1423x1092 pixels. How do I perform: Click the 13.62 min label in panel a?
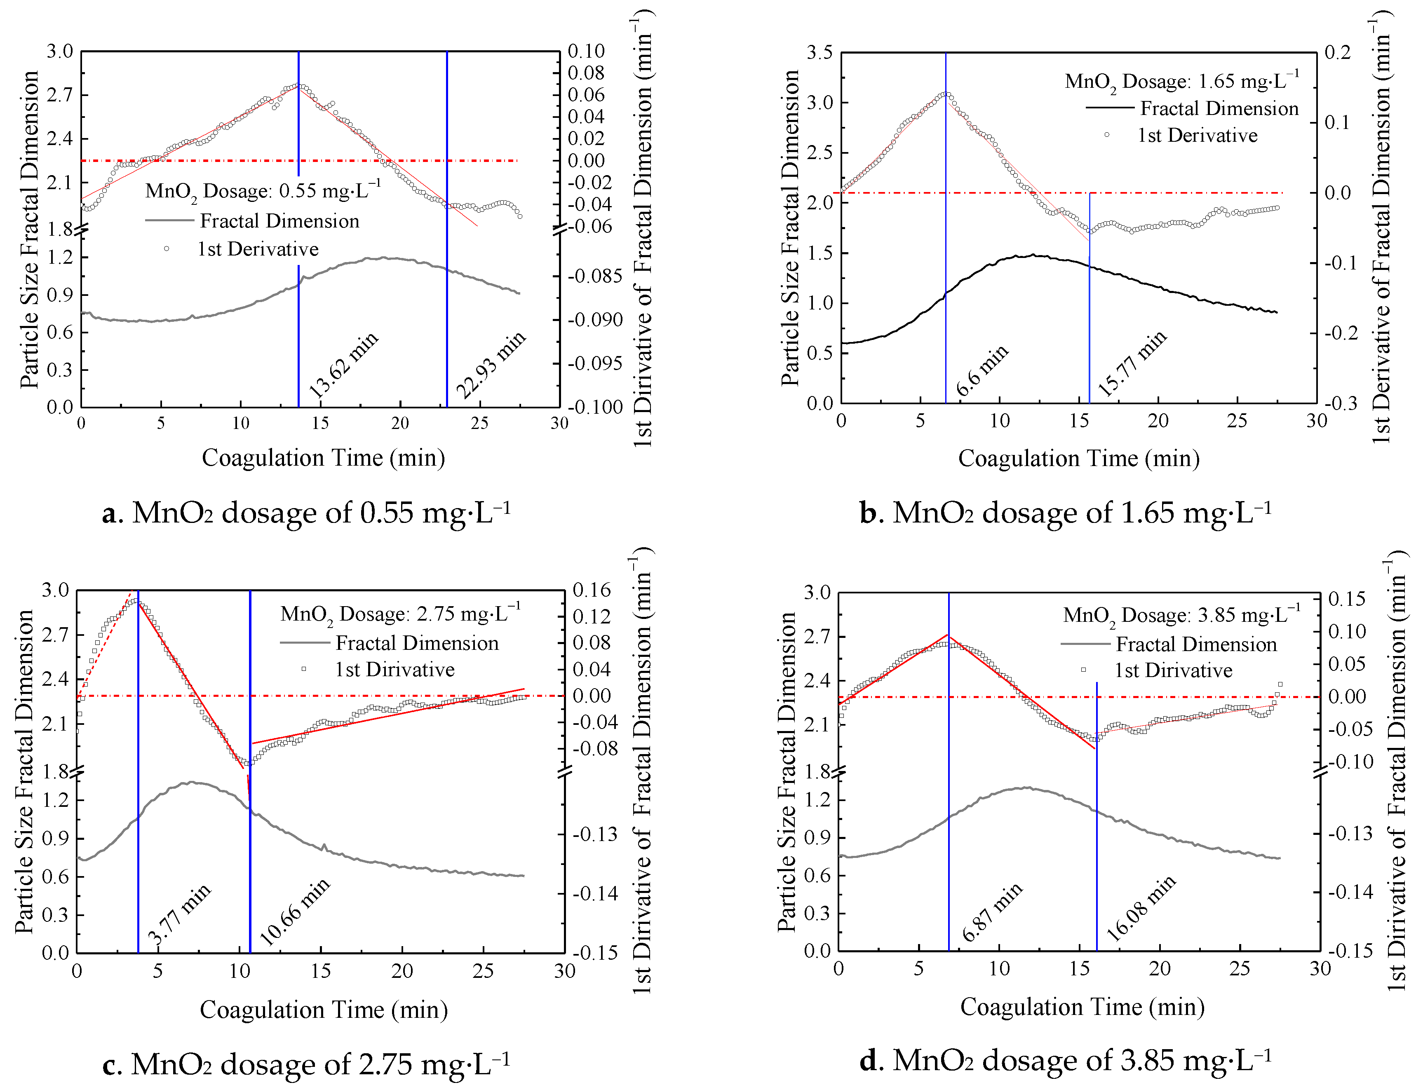343,365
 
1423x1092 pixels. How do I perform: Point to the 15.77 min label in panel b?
1132,364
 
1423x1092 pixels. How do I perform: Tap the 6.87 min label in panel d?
992,912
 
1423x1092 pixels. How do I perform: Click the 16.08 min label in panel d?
1141,908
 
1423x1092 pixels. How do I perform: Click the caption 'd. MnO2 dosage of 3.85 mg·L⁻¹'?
1065,1060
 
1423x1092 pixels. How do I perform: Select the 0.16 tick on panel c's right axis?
592,590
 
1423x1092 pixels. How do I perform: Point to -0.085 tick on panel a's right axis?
595,276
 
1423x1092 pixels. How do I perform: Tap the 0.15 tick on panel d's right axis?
1346,599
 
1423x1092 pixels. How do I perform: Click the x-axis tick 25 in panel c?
483,971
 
